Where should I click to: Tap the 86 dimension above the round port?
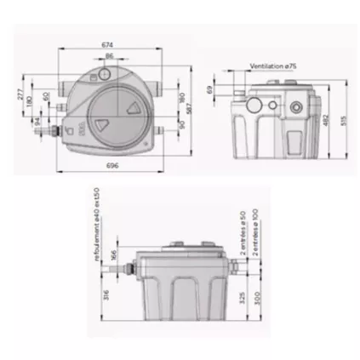[109, 56]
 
